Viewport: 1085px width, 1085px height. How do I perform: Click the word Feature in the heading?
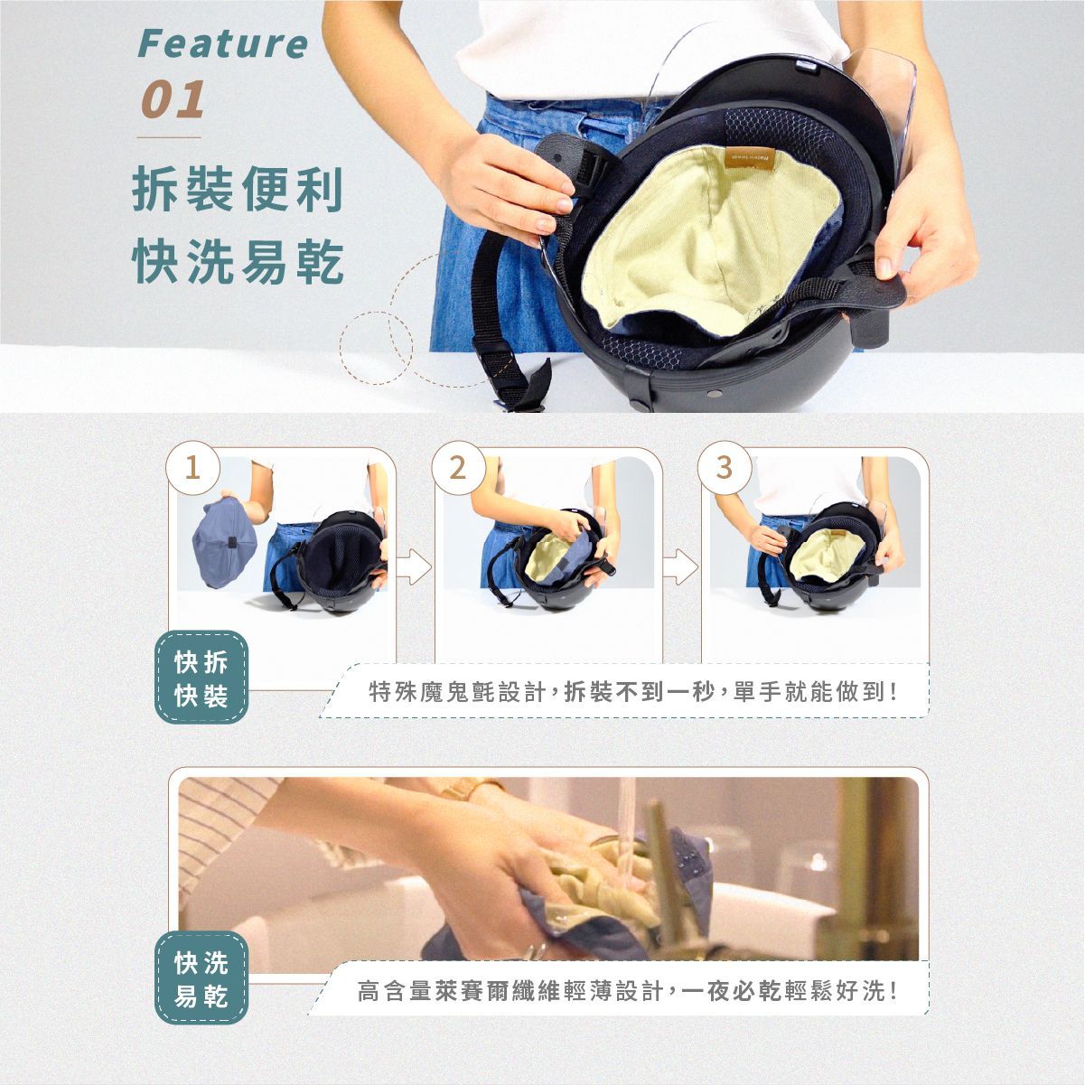pyautogui.click(x=223, y=44)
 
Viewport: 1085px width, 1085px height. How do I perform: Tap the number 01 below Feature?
pyautogui.click(x=173, y=99)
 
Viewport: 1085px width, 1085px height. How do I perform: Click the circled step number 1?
pyautogui.click(x=192, y=468)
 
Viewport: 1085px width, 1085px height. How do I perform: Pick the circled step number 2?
pyautogui.click(x=458, y=468)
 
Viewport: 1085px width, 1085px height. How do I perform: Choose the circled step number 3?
pyautogui.click(x=724, y=468)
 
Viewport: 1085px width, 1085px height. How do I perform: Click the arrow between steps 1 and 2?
pyautogui.click(x=414, y=566)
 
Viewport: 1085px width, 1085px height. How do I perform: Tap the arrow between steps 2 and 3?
pyautogui.click(x=680, y=566)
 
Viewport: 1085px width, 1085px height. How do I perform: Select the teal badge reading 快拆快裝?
pyautogui.click(x=201, y=677)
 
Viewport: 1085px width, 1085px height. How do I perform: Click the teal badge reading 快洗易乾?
pyautogui.click(x=201, y=977)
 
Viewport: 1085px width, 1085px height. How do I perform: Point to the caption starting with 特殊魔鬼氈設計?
pyautogui.click(x=633, y=692)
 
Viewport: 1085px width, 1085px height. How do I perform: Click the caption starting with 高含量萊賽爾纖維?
pyautogui.click(x=627, y=992)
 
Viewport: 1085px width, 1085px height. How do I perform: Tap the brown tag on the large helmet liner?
pyautogui.click(x=750, y=159)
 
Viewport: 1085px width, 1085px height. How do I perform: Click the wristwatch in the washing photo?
pyautogui.click(x=470, y=789)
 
